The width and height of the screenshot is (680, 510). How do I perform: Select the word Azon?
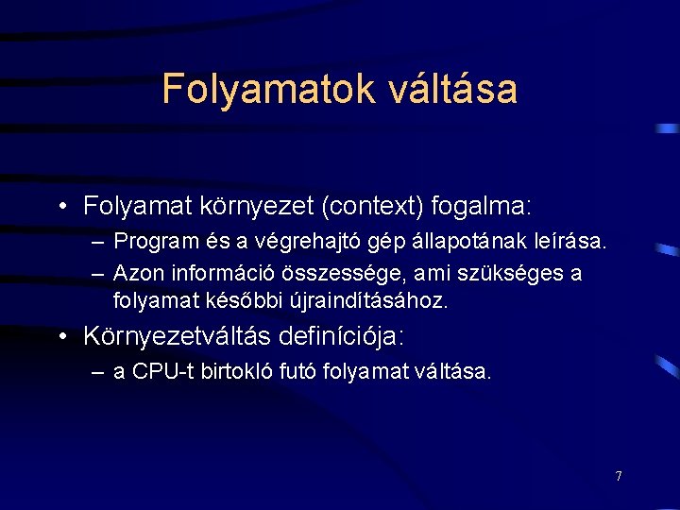point(135,274)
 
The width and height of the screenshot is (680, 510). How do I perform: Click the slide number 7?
point(619,476)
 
